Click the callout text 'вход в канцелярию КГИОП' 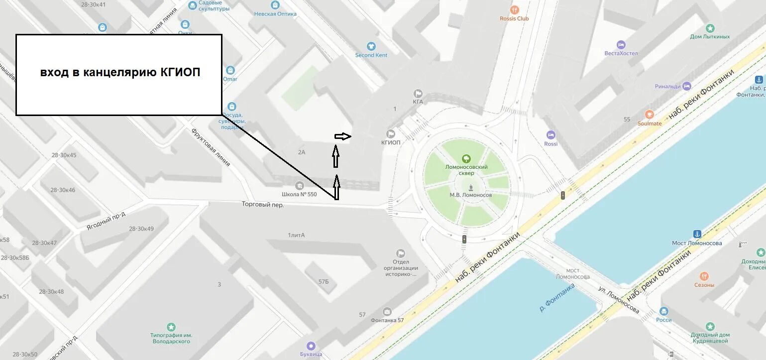[x=120, y=73]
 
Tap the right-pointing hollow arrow [x=343, y=136]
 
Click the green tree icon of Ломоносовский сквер [x=466, y=159]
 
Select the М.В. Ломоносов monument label [x=470, y=195]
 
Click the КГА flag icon [x=418, y=94]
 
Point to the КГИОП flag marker [x=391, y=133]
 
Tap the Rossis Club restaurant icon [x=515, y=10]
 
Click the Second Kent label [x=371, y=55]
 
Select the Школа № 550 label [x=299, y=194]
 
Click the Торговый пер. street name [x=263, y=204]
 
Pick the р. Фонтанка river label [x=557, y=297]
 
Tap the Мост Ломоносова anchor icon [x=697, y=234]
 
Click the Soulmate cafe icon [x=649, y=115]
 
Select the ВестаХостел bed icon [x=621, y=45]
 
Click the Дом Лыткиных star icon [x=710, y=28]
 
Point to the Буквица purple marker [x=311, y=346]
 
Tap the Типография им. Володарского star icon [x=171, y=327]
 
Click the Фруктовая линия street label [x=211, y=147]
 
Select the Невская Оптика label [x=275, y=14]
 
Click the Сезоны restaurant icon [x=704, y=276]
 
